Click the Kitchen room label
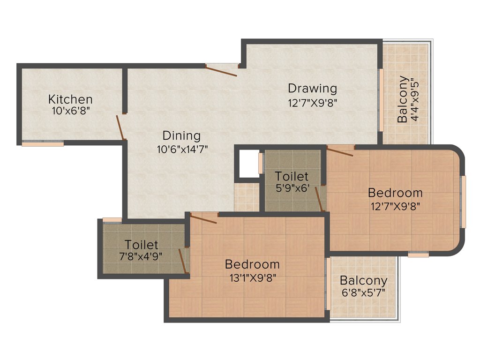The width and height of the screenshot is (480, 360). click(70, 99)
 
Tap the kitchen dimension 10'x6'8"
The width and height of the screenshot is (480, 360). click(70, 111)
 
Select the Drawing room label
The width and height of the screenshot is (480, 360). click(312, 88)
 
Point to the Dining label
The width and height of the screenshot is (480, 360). click(181, 136)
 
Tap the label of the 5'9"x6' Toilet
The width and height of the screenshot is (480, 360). click(292, 177)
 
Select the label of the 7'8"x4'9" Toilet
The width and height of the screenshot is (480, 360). click(141, 245)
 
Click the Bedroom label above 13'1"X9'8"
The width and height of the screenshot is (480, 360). click(252, 264)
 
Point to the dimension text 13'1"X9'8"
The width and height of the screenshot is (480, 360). click(252, 277)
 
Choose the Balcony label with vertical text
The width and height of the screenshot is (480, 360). click(402, 99)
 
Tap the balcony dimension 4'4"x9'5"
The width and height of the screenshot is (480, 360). click(414, 99)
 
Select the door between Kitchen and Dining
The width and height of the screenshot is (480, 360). click(120, 127)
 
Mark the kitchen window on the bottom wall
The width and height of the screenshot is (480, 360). click(43, 144)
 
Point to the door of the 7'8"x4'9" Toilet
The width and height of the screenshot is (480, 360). click(183, 261)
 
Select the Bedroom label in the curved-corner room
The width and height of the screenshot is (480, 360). click(395, 193)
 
